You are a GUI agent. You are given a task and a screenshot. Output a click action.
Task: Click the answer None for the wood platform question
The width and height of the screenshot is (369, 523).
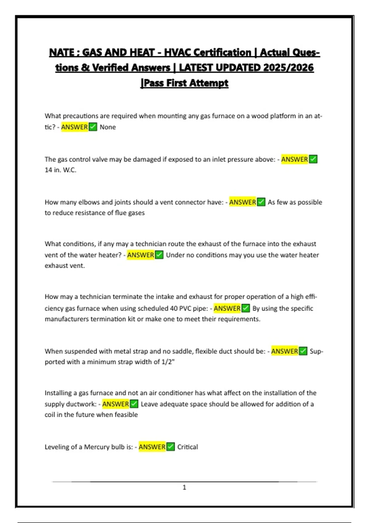108,127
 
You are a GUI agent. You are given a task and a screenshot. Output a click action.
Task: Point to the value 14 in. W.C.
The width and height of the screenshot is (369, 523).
60,170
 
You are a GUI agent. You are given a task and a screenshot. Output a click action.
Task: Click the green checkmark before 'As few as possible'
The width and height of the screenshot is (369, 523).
261,202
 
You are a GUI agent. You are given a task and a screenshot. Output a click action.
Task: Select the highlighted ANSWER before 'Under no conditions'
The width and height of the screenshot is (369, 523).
141,255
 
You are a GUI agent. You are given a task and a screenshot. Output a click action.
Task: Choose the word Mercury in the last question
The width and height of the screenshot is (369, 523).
97,447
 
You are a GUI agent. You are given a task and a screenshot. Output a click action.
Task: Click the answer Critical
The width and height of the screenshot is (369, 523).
188,447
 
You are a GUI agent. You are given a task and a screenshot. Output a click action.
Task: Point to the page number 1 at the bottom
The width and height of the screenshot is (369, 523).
184,487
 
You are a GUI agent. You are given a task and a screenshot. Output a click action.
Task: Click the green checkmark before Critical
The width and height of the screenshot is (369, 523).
171,447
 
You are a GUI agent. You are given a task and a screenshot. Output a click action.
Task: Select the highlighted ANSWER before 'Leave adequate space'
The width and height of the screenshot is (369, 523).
115,404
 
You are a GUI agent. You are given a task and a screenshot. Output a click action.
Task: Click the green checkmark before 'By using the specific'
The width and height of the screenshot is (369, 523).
246,308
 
